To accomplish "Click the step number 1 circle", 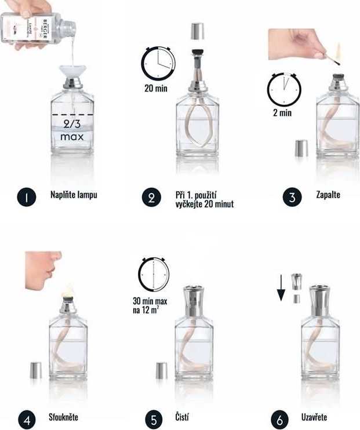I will coord(24,197).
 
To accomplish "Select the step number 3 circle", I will coord(292,197).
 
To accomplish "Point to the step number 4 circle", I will coord(24,419).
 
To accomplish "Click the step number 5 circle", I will coord(151,419).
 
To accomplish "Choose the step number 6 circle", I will coord(281,419).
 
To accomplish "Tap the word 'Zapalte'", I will coord(328,195).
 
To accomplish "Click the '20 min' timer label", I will coord(156,89).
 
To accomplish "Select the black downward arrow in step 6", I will coord(281,288).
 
